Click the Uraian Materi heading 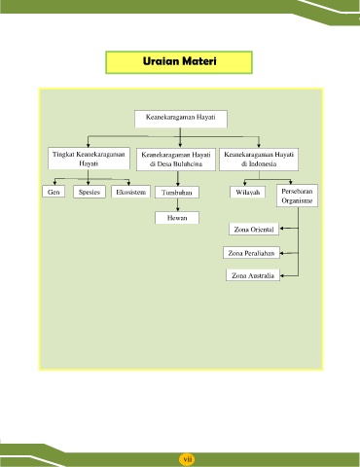click(x=179, y=62)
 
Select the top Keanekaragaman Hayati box click(x=181, y=119)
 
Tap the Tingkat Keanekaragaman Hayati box click(x=89, y=159)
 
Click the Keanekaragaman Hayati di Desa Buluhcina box click(x=176, y=160)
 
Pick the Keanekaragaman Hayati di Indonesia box click(x=259, y=160)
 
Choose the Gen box click(x=54, y=192)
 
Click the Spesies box click(x=90, y=192)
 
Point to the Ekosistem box click(x=130, y=192)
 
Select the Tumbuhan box click(x=177, y=193)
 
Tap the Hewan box click(x=177, y=218)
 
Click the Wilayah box click(x=247, y=192)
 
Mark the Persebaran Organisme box click(x=297, y=196)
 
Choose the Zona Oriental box click(x=254, y=229)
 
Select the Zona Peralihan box click(x=251, y=253)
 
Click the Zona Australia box click(x=253, y=275)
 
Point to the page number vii click(x=188, y=459)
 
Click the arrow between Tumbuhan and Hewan click(x=178, y=205)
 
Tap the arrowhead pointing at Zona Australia click(x=282, y=275)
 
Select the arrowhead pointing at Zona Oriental click(x=282, y=229)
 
